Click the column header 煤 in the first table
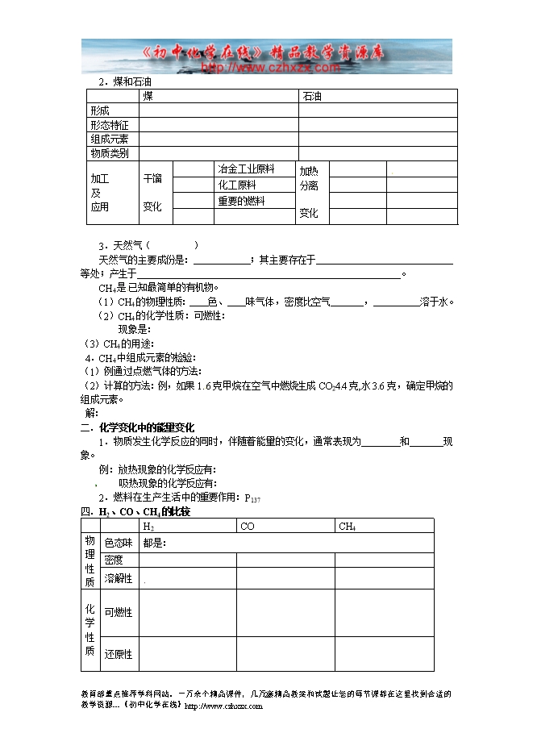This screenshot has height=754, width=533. tap(148, 96)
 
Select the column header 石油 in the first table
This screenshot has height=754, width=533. tap(312, 96)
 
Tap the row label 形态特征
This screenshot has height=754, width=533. tap(110, 125)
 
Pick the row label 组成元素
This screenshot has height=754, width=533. tap(110, 139)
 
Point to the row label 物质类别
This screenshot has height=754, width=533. tap(110, 152)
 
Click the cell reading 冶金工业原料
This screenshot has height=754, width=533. tap(245, 169)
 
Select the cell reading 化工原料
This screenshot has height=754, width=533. tap(235, 185)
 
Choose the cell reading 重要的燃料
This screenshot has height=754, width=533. tap(240, 201)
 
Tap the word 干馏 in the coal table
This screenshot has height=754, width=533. tap(152, 178)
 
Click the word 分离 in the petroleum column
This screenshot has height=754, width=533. tap(309, 185)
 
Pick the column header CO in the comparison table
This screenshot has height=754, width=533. tap(248, 527)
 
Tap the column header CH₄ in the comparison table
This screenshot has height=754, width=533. tap(348, 527)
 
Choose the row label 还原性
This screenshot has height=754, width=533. tap(118, 654)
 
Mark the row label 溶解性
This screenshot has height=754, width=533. tap(118, 578)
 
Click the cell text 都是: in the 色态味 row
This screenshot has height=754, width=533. tap(154, 543)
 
